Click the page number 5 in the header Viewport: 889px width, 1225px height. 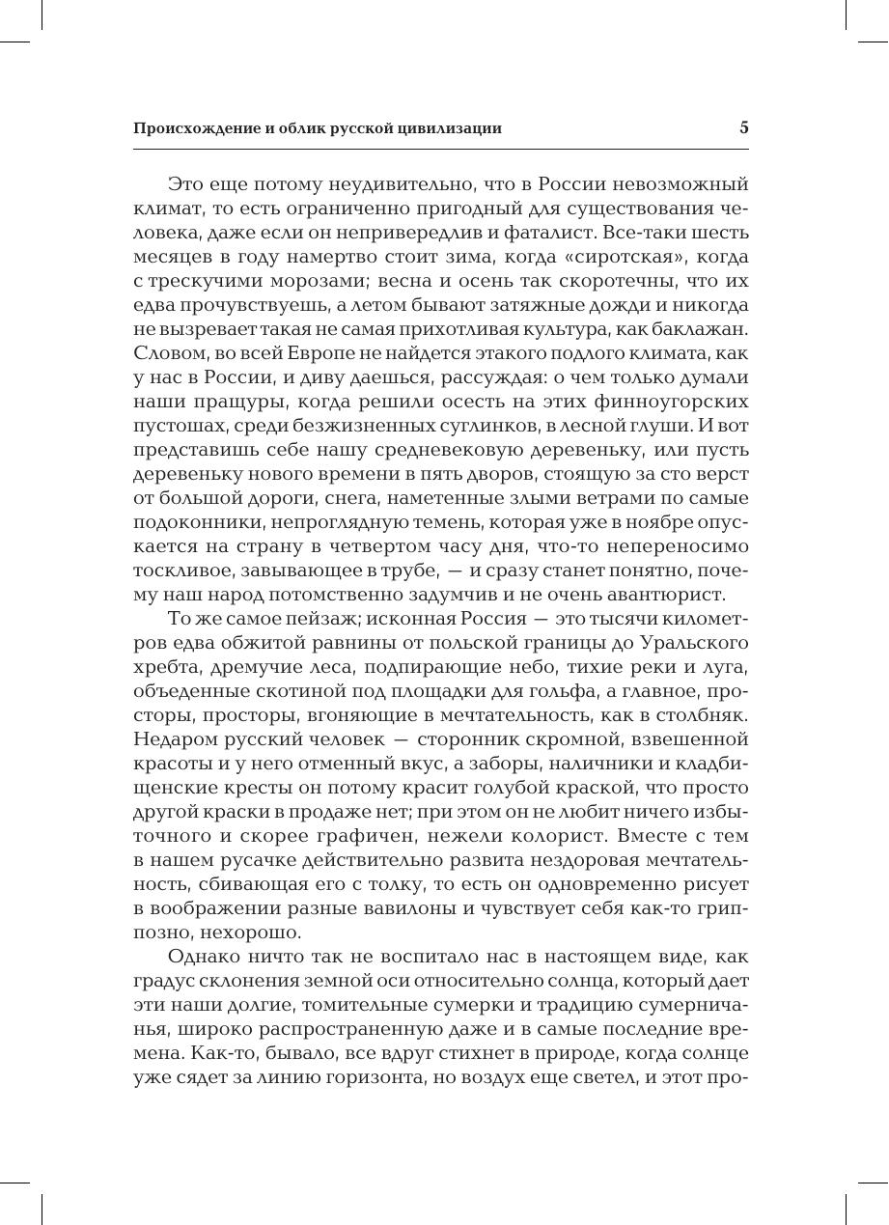click(743, 127)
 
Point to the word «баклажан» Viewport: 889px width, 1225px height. click(705, 329)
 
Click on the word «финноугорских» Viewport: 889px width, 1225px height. click(666, 402)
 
